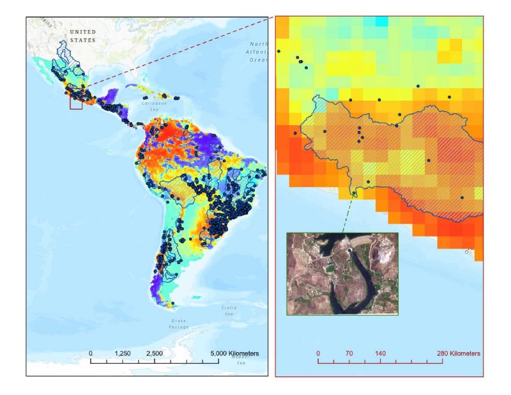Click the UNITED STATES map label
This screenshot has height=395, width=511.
pyautogui.click(x=82, y=36)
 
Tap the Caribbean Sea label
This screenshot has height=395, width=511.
pyautogui.click(x=153, y=105)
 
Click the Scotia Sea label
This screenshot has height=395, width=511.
pyautogui.click(x=228, y=310)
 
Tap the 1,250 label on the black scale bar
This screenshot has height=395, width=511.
pyautogui.click(x=123, y=353)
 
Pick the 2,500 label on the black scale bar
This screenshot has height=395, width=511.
pyautogui.click(x=155, y=353)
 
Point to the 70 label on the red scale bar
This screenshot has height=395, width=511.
pyautogui.click(x=349, y=353)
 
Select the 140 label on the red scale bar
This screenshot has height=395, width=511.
pyautogui.click(x=380, y=353)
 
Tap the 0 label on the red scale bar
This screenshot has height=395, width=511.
pyautogui.click(x=318, y=353)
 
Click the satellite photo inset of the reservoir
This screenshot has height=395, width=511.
pyautogui.click(x=342, y=273)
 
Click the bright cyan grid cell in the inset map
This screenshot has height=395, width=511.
pyautogui.click(x=381, y=21)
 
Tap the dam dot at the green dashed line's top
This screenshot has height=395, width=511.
pyautogui.click(x=355, y=194)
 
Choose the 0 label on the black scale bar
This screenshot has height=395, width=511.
pyautogui.click(x=91, y=353)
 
